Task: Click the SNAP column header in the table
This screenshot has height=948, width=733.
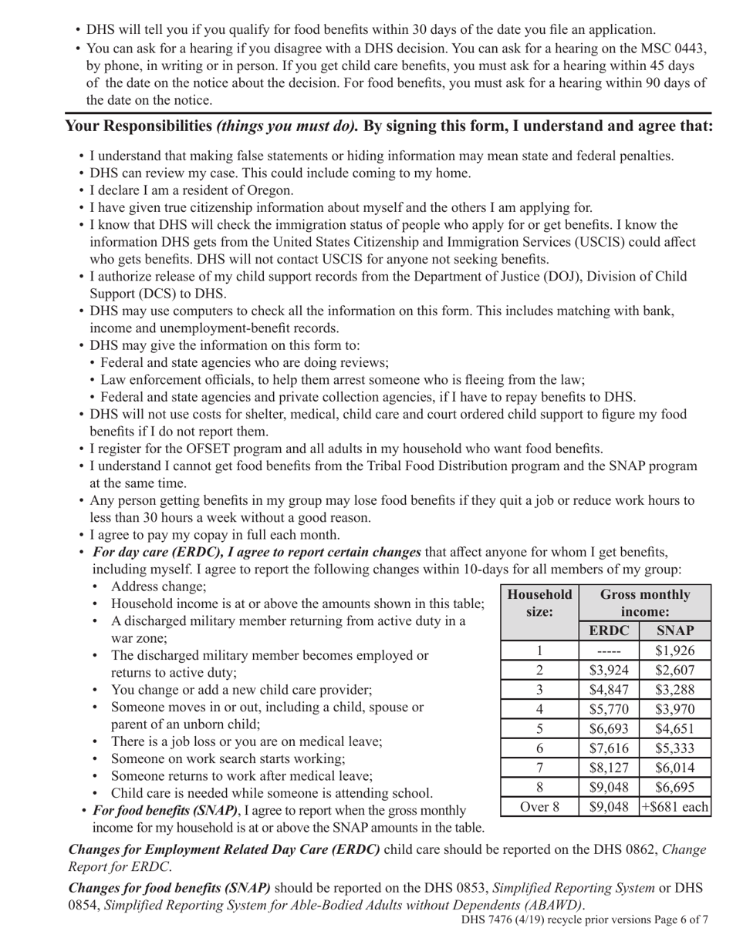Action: point(674,630)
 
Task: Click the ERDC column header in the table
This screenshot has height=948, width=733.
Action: point(609,630)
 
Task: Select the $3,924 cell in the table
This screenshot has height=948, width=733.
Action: point(609,670)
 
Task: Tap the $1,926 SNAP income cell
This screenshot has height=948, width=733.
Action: point(674,650)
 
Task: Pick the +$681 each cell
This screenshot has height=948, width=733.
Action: point(674,807)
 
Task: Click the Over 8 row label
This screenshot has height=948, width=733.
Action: point(539,807)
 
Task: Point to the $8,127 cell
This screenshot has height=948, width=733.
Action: point(609,768)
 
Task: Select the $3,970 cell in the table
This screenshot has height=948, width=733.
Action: point(674,709)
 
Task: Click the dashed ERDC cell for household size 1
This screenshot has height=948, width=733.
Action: point(609,650)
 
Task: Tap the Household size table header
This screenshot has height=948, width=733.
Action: point(539,603)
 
